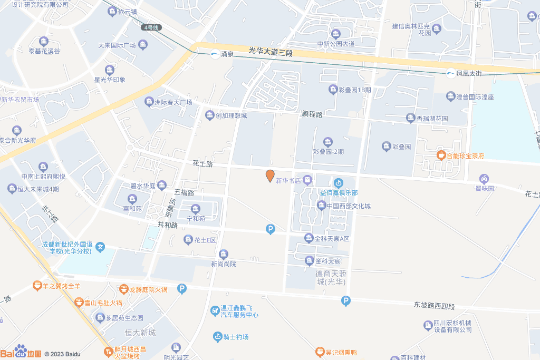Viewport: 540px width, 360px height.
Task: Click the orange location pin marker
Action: tap(270, 176)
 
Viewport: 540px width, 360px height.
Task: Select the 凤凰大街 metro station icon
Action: tap(450, 73)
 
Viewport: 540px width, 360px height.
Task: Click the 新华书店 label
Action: tap(288, 180)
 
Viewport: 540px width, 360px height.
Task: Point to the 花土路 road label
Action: tap(202, 164)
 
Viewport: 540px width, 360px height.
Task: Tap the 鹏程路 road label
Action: tap(312, 114)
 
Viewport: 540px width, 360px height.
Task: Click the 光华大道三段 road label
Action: tap(271, 52)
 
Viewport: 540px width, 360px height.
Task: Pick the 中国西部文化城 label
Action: tap(348, 206)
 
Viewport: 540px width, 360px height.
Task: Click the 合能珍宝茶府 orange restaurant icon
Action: tap(441, 155)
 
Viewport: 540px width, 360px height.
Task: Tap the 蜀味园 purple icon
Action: tap(484, 179)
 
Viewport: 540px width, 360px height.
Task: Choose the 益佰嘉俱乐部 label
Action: tap(339, 192)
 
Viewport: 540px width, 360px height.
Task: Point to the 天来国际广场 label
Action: tap(117, 45)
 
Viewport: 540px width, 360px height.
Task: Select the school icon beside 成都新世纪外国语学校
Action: tap(101, 247)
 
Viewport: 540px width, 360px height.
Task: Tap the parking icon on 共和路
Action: tap(271, 229)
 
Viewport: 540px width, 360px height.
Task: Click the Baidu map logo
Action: tap(21, 352)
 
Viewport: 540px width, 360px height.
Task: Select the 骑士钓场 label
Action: tap(235, 337)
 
